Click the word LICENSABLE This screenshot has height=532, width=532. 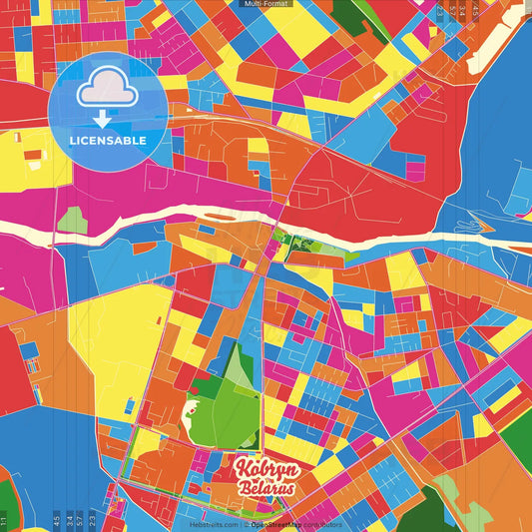107,141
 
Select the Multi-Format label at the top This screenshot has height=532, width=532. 265,4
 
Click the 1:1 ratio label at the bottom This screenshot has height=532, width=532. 5,520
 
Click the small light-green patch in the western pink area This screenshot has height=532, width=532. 72,221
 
